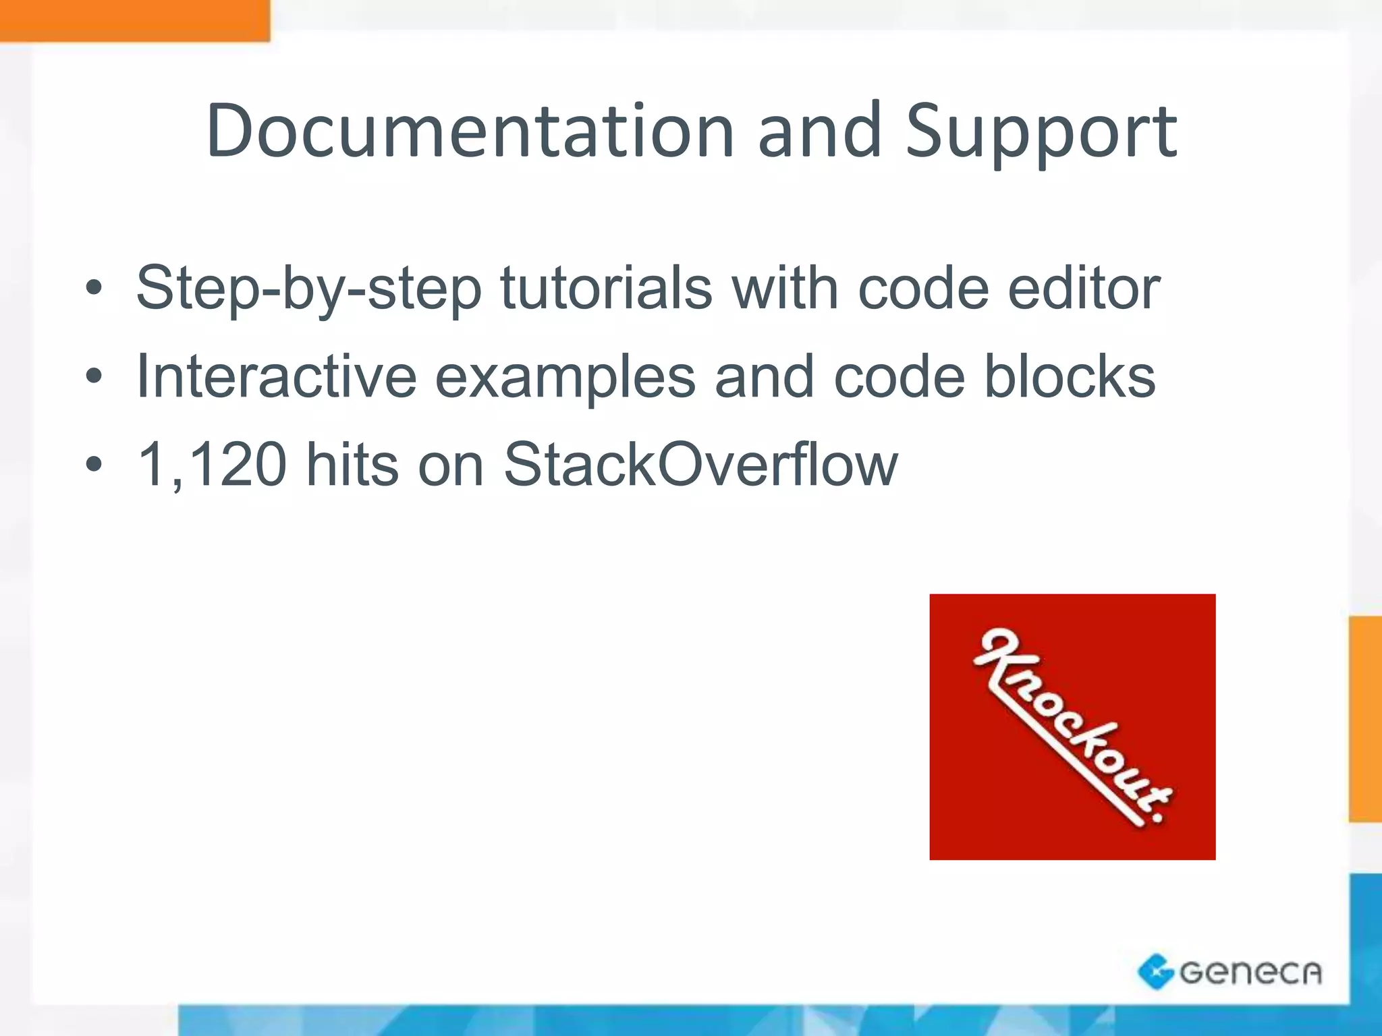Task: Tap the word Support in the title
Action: tap(1041, 133)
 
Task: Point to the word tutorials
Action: tap(606, 288)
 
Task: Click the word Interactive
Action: tap(277, 376)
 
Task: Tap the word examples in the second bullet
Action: tap(565, 378)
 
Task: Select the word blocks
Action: tap(1070, 376)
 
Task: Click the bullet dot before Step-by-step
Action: tap(94, 289)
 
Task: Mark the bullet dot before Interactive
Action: tap(94, 378)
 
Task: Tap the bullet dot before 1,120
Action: tap(94, 465)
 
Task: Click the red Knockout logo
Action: tap(1072, 726)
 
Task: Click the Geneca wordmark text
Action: tap(1250, 972)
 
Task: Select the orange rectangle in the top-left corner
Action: tap(134, 20)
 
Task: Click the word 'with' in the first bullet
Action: tap(785, 288)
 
